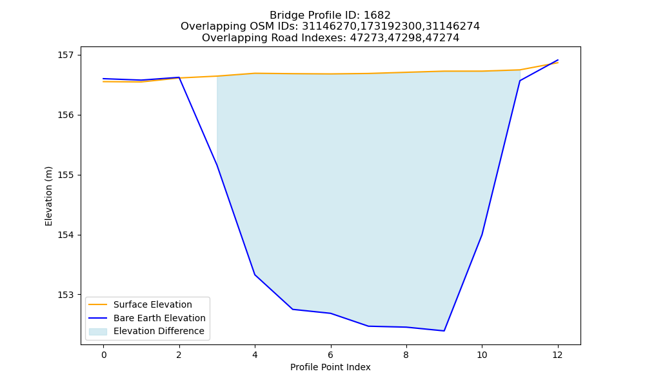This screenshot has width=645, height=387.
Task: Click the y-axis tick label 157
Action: coord(65,55)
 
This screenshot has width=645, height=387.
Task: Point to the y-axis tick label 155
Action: coord(65,175)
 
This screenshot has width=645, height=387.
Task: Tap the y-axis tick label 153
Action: coord(65,295)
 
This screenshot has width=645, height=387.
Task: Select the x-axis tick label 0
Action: coord(104,355)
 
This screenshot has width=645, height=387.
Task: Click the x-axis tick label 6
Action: coord(331,355)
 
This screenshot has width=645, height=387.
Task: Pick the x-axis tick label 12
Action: coord(557,355)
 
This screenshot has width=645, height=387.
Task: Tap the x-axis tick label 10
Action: coord(482,355)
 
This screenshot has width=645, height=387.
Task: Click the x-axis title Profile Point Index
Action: coord(330,367)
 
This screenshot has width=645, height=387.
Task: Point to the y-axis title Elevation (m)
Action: coord(48,196)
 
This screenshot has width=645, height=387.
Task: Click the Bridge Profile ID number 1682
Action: coord(377,15)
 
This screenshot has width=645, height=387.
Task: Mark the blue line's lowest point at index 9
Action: coord(444,331)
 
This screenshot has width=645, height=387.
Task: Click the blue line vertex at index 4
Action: coord(255,275)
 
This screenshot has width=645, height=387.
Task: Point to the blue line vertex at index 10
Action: coord(482,234)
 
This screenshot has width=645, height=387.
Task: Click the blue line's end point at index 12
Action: coord(558,60)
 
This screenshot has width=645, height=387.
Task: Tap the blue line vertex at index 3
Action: coord(217,165)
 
